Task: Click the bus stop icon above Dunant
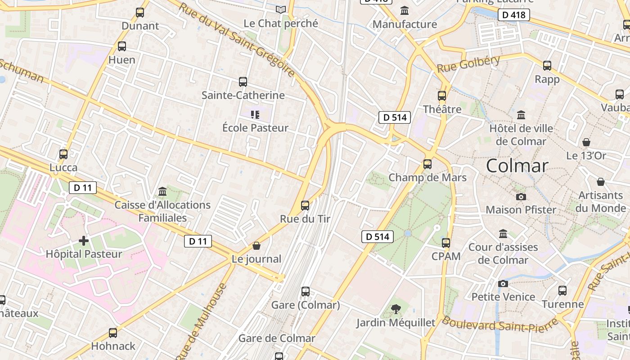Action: (x=140, y=13)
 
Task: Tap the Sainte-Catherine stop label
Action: (x=243, y=95)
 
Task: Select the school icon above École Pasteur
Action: (x=255, y=115)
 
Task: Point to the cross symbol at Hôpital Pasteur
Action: (x=84, y=241)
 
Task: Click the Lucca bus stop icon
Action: (x=63, y=154)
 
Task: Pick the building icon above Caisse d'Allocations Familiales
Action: (x=162, y=192)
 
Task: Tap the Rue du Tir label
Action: (x=305, y=219)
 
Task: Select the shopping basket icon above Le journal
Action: (x=256, y=246)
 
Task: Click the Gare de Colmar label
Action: (x=277, y=338)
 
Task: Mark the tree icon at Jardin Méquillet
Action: (x=396, y=309)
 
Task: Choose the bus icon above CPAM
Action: (x=446, y=243)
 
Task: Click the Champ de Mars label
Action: (x=427, y=177)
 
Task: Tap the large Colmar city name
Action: (x=517, y=166)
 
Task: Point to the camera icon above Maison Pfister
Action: (x=521, y=197)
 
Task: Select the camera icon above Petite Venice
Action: (x=503, y=283)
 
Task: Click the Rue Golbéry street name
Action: (x=468, y=64)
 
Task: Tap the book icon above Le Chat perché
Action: (x=281, y=9)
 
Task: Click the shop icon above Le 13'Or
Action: (x=586, y=142)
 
